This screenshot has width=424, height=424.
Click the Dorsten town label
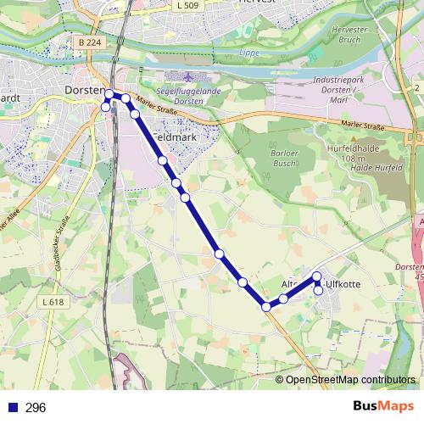click(x=84, y=90)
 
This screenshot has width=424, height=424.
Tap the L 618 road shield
click(x=52, y=302)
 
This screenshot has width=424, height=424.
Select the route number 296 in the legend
click(x=36, y=408)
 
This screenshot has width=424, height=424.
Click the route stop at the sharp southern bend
click(x=266, y=306)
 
